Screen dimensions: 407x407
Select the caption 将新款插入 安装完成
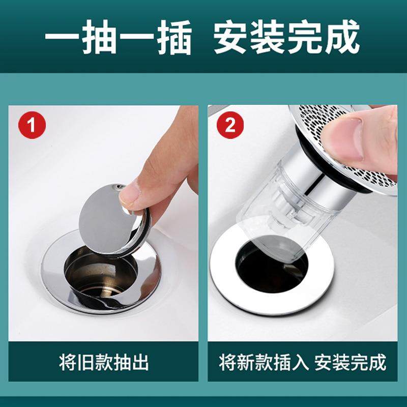[x=303, y=363]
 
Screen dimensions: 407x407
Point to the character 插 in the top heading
[x=170, y=38]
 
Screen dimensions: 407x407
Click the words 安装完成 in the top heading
[x=287, y=38]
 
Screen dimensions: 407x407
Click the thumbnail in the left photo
[x=134, y=193]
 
